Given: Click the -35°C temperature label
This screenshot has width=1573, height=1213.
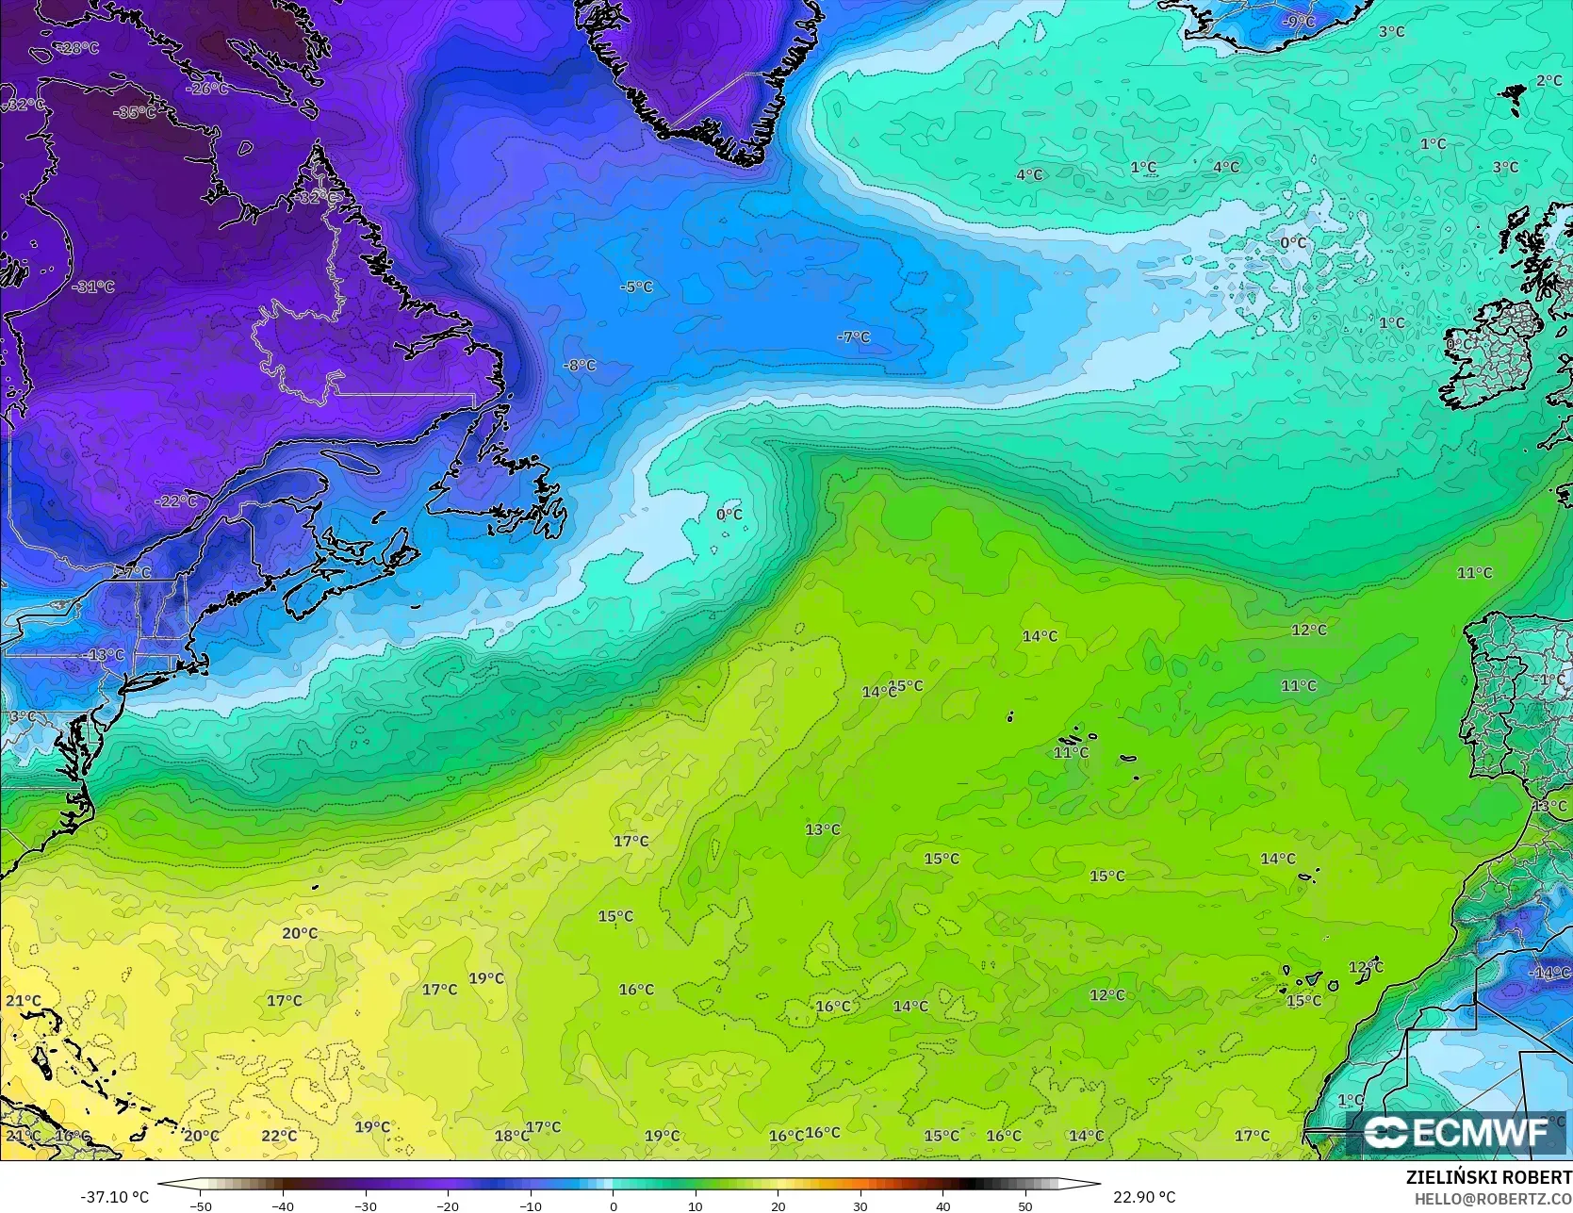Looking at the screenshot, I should [x=134, y=112].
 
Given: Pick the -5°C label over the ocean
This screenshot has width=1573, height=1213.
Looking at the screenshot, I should [x=636, y=287].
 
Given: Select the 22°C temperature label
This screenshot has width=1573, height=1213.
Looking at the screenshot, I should [x=279, y=1136].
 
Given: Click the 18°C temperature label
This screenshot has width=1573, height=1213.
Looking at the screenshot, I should [x=511, y=1136].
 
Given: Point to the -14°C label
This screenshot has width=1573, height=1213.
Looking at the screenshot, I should [x=1548, y=973].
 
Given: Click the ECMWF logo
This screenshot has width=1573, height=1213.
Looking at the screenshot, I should [x=1456, y=1132].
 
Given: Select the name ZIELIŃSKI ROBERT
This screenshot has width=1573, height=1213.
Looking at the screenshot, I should [x=1488, y=1177].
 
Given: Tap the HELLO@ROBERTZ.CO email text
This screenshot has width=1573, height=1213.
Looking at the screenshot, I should [x=1493, y=1197].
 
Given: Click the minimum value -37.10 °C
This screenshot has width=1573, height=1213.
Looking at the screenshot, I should [x=115, y=1197].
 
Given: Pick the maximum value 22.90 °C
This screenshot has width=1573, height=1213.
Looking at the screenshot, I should [x=1144, y=1197].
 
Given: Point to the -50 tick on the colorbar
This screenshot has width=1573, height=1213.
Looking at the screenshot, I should [x=200, y=1205].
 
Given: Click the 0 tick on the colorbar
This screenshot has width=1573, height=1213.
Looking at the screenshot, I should [x=613, y=1205].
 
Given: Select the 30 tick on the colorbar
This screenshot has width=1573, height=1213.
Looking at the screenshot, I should [x=860, y=1205].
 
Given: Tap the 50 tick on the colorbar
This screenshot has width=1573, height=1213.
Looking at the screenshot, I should [x=1025, y=1205].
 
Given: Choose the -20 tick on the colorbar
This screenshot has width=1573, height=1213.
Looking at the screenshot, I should [x=448, y=1205].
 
